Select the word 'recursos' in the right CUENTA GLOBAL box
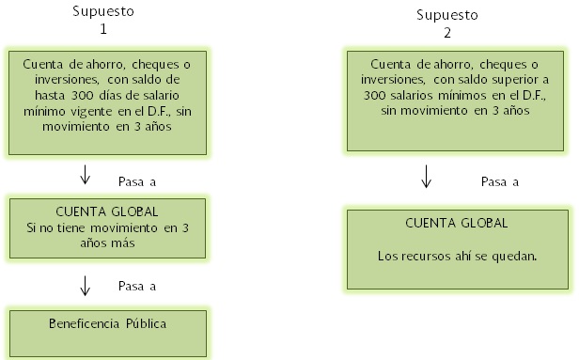pos(423,254)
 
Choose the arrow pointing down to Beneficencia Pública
pos(86,285)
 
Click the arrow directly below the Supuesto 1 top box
pos(86,175)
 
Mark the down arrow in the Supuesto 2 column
pos(427,176)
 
